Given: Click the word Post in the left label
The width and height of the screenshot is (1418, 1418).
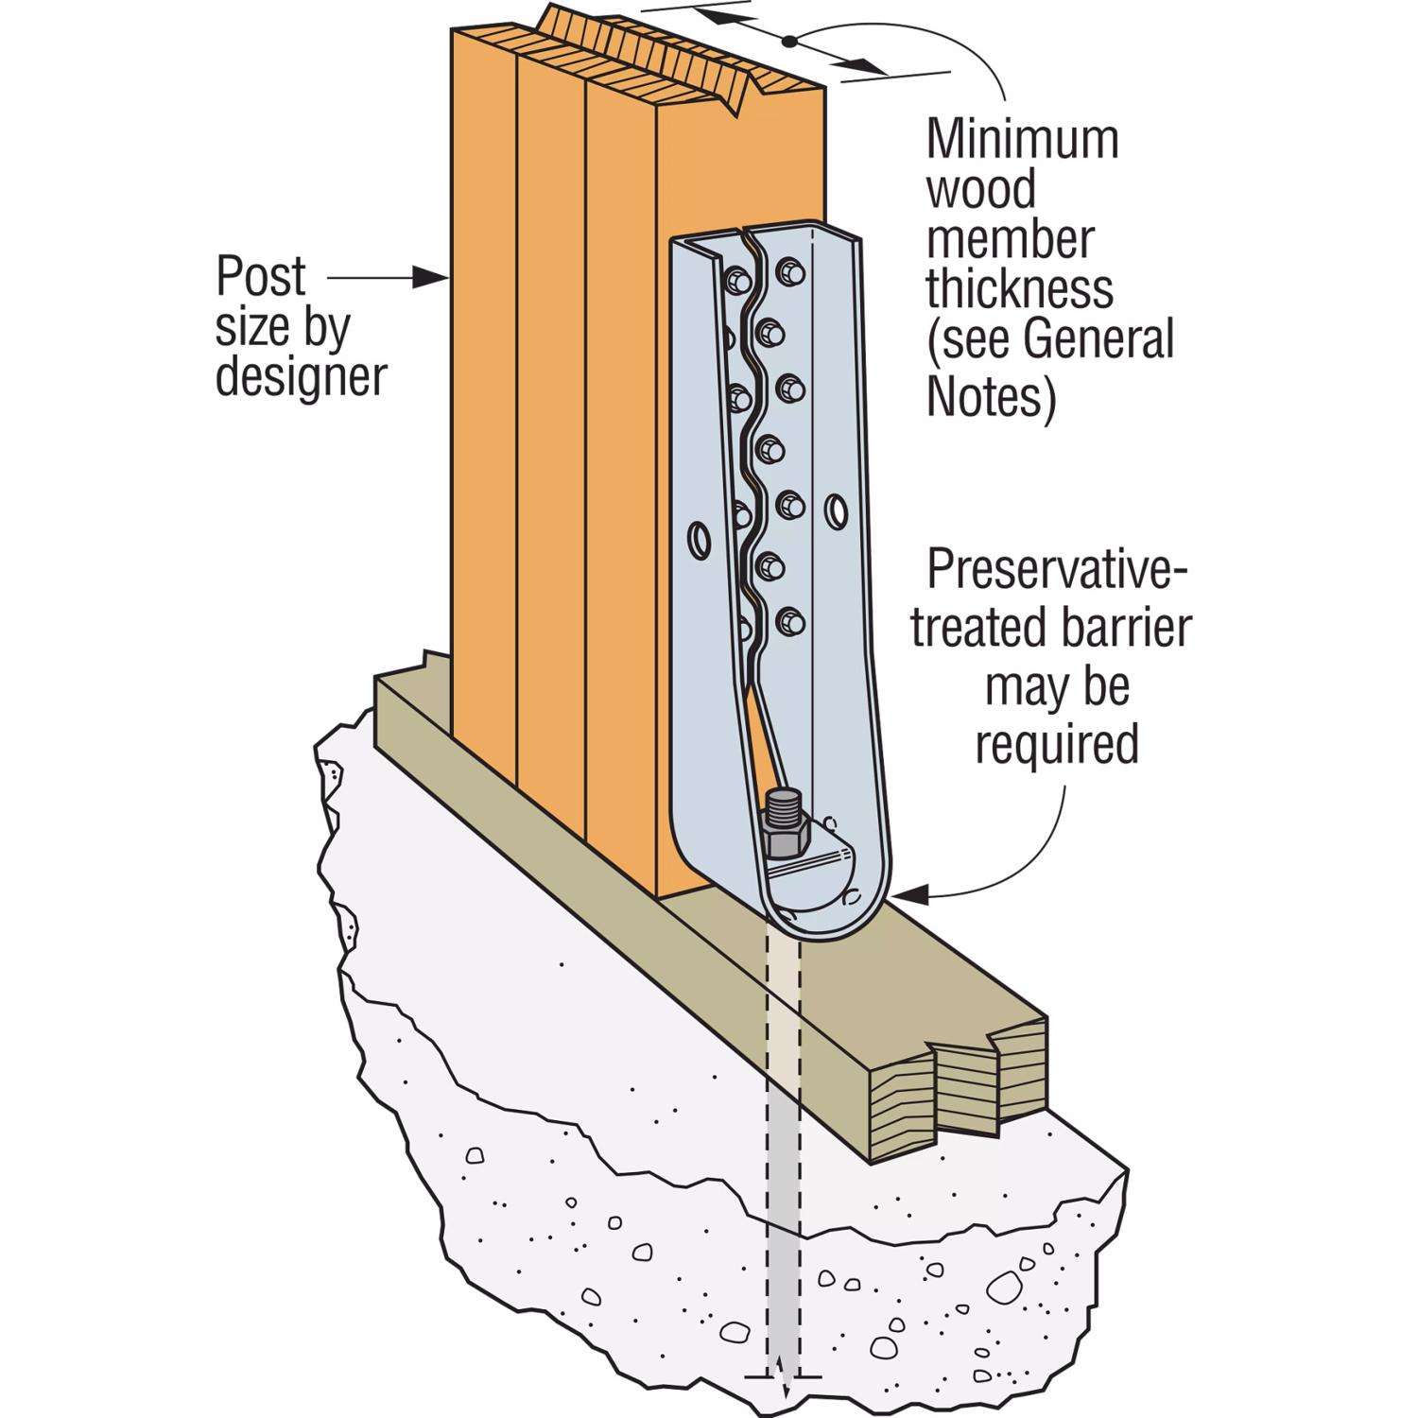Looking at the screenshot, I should pyautogui.click(x=261, y=277).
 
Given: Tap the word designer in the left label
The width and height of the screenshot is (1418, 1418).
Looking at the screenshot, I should pyautogui.click(x=302, y=377).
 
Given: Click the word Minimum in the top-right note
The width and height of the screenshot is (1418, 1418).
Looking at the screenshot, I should pyautogui.click(x=1022, y=139).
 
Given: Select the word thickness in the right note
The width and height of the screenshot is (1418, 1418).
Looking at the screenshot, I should pyautogui.click(x=1019, y=288).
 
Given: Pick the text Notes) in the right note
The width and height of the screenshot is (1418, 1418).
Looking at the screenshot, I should pyautogui.click(x=990, y=397).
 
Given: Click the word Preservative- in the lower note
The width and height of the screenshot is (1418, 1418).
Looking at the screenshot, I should pyautogui.click(x=1056, y=570).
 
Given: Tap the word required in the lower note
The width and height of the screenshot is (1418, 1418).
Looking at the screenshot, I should pyautogui.click(x=1056, y=744).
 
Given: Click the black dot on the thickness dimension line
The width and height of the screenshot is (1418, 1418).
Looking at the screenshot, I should pyautogui.click(x=787, y=40).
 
